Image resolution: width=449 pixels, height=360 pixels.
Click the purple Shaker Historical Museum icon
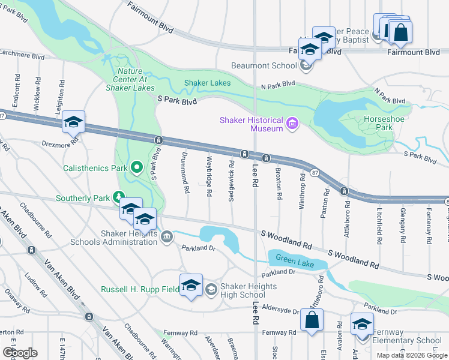click(x=292, y=124)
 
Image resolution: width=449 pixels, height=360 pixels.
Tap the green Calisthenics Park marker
click(x=137, y=167)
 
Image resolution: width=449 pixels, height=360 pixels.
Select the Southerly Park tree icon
click(x=119, y=197)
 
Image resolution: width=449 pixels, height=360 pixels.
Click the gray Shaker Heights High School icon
click(x=211, y=290)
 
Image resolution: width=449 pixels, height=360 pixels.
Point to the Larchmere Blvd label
click(x=22, y=56)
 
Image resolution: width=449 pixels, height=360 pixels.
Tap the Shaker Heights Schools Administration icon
click(x=166, y=238)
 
